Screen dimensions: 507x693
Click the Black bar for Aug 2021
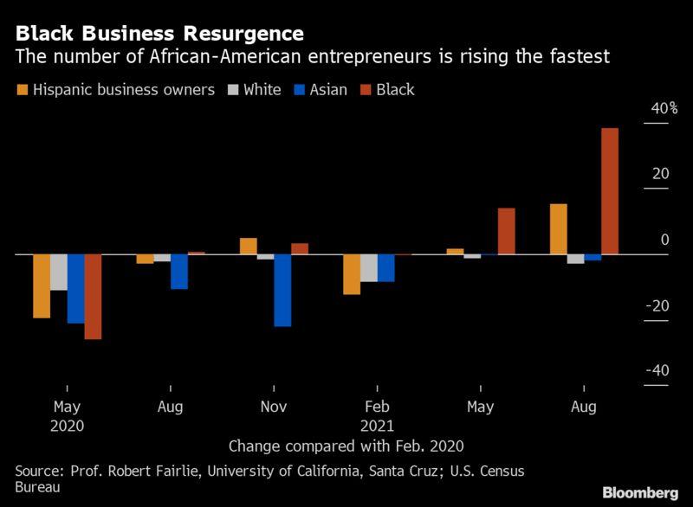point(610,191)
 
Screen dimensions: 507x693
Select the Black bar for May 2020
point(93,297)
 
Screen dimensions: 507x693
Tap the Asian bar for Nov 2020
point(282,291)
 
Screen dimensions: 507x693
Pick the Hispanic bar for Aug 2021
point(559,229)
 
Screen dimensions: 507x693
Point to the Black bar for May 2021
point(506,231)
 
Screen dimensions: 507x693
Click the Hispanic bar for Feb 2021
point(352,274)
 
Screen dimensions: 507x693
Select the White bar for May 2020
point(58,273)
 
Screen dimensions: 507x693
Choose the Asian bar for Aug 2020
point(179,272)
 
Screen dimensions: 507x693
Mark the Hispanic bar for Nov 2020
point(249,246)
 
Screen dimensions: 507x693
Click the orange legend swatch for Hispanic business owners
point(22,90)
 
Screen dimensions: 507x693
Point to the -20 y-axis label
point(658,305)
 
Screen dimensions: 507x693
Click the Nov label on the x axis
point(274,407)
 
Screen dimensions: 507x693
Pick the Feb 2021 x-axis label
point(378,416)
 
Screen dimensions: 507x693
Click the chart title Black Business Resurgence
point(159,34)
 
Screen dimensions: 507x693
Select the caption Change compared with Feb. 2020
point(346,446)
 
